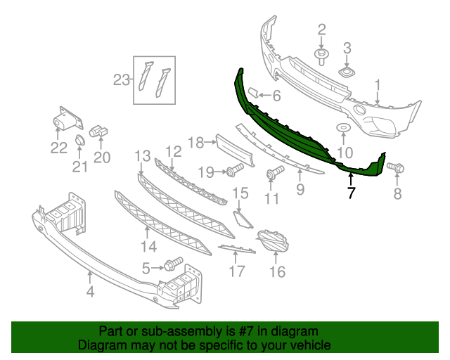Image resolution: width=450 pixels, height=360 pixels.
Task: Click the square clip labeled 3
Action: click(x=347, y=72)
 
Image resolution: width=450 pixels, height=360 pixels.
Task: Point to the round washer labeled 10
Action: click(x=344, y=128)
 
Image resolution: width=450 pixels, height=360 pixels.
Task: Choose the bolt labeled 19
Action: click(x=233, y=170)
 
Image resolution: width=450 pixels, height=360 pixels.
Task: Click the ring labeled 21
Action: click(x=79, y=143)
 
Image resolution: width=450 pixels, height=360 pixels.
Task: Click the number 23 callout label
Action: click(x=122, y=80)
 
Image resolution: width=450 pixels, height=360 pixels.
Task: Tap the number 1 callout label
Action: click(x=378, y=85)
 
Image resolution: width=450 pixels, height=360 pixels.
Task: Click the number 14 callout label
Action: click(x=148, y=246)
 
